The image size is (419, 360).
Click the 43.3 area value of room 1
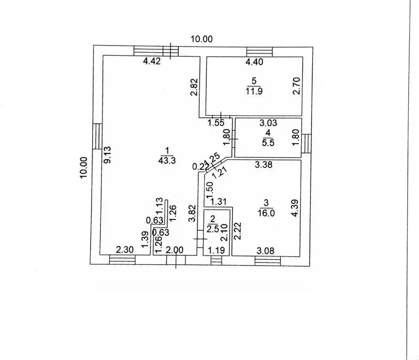pos(167,161)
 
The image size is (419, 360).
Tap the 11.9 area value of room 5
pos(254,91)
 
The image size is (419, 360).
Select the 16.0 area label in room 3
pos(266,213)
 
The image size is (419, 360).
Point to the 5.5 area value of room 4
pos(268,143)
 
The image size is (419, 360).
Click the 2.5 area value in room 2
pos(213,229)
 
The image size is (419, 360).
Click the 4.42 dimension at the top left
pos(152,61)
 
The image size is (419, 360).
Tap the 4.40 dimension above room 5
pos(255,62)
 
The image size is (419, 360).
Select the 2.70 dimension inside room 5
pos(296,86)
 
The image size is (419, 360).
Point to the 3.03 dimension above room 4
pos(268,123)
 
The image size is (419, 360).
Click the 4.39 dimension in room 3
pos(295,208)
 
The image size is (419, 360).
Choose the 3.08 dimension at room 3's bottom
pos(265,251)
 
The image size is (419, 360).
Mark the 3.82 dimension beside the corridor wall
pos(192,213)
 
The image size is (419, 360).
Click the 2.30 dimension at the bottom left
pos(125,250)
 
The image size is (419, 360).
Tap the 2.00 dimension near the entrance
pos(174,250)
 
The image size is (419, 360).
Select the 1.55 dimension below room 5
pos(216,123)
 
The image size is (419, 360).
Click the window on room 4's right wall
pos(307,143)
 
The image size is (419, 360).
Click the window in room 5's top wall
pos(259,52)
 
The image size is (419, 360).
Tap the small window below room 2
pos(216,260)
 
